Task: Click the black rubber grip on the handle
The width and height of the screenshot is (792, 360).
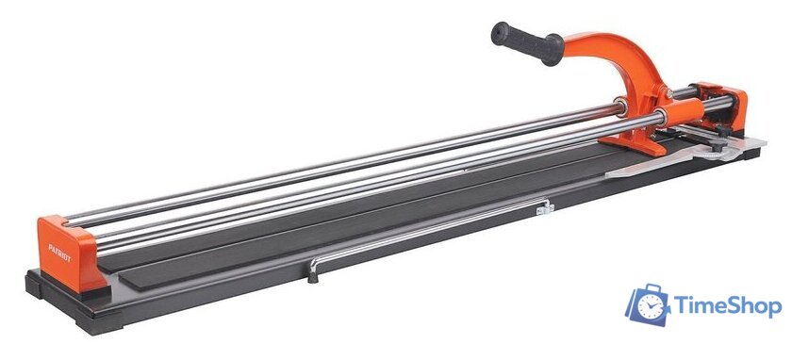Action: click(x=527, y=43)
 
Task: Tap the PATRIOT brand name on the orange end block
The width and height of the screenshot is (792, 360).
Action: click(x=59, y=253)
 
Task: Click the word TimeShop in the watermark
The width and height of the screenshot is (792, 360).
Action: click(x=727, y=306)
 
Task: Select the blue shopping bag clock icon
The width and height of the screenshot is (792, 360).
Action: click(x=648, y=304)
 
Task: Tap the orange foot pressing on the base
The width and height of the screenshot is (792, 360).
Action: click(x=639, y=144)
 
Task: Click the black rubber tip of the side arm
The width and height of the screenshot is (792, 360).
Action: click(x=313, y=276)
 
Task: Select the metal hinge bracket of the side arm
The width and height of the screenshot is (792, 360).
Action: click(x=546, y=207)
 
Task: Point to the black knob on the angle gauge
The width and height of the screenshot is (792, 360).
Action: click(x=718, y=144)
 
